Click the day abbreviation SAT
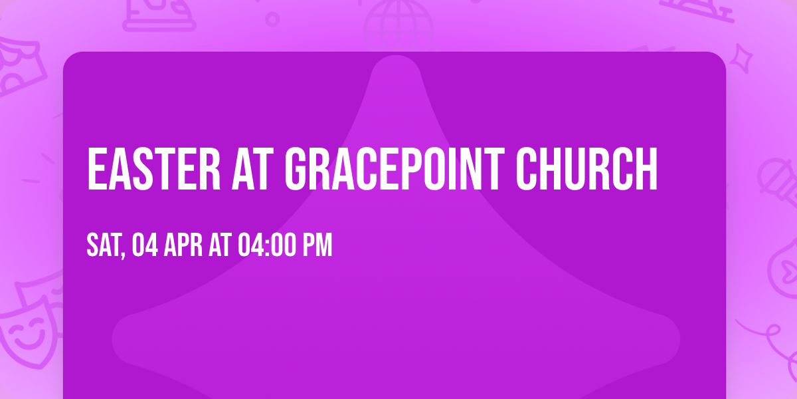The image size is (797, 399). coord(103,245)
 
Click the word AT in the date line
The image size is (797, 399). coord(219,245)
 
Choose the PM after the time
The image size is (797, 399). coord(317,245)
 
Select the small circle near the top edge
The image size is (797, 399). coord(272,19)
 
